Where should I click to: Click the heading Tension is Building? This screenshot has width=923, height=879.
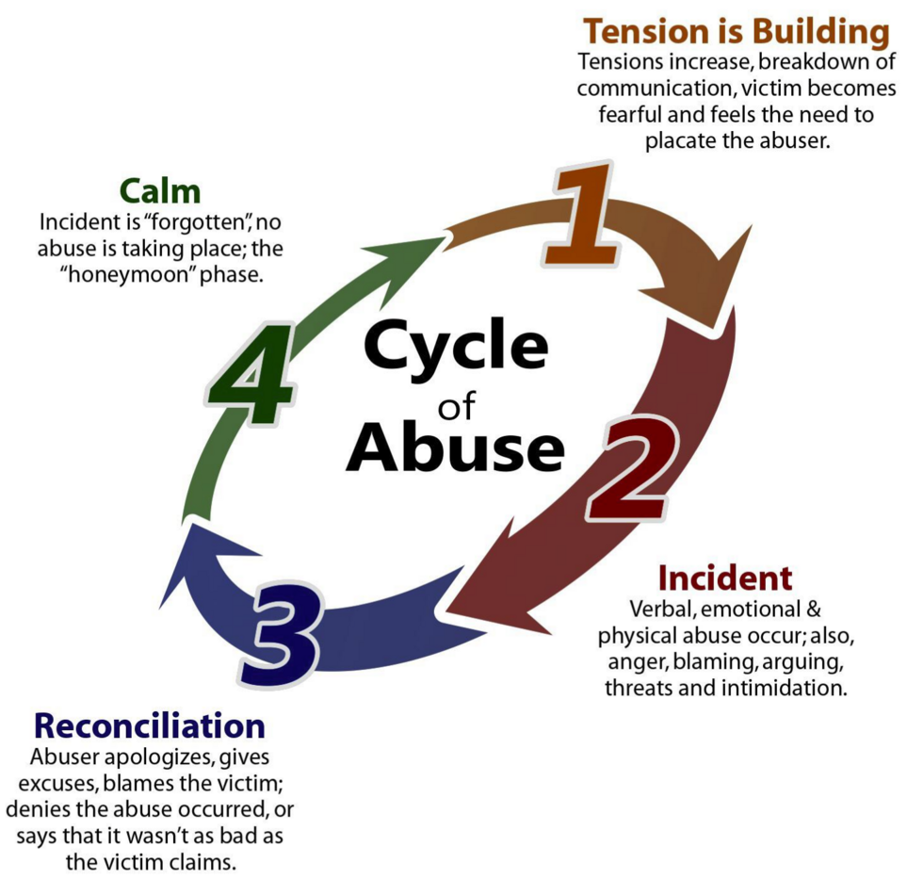pos(736,32)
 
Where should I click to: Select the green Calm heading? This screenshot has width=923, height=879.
pos(160,191)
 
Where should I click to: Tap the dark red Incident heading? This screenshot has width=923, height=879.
pos(725,577)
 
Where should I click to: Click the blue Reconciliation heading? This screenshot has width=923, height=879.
pos(150,725)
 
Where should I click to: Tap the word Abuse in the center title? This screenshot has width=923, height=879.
pos(456,448)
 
